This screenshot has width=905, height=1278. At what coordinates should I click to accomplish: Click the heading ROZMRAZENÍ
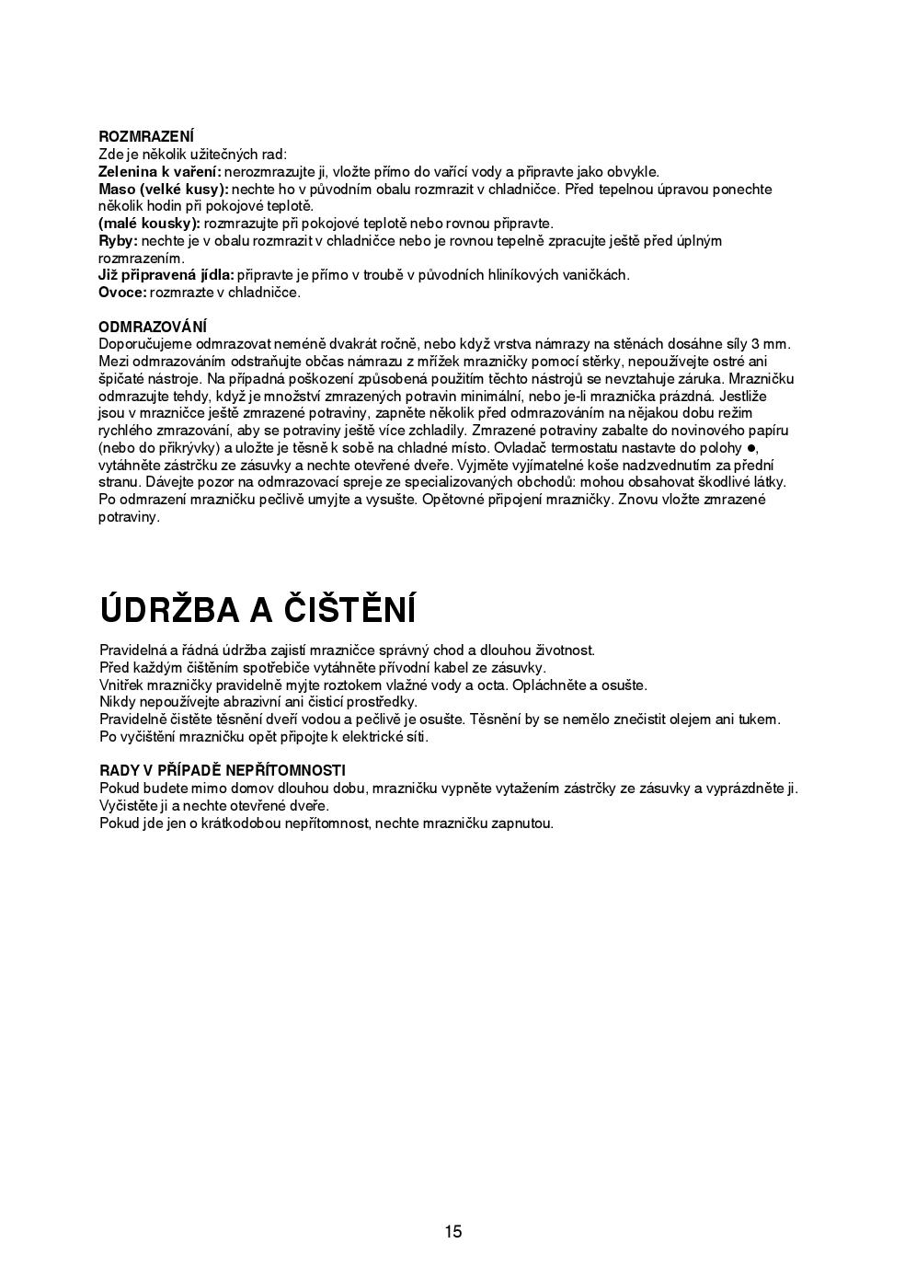click(145, 137)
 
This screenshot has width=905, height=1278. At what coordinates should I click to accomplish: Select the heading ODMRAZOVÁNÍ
click(153, 327)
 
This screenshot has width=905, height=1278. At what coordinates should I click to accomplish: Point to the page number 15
click(452, 1232)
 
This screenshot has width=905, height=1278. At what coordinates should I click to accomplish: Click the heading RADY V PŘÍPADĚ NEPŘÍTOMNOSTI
click(222, 770)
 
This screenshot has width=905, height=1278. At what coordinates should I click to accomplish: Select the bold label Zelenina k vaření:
click(159, 172)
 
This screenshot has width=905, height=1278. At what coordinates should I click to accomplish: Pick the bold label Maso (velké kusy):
click(163, 190)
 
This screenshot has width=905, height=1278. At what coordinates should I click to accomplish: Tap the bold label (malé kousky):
click(149, 224)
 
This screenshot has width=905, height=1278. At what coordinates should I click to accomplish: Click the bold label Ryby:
click(118, 241)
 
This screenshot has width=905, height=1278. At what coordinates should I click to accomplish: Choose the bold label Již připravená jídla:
click(166, 275)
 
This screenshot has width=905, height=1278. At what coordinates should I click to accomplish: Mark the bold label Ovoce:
click(122, 293)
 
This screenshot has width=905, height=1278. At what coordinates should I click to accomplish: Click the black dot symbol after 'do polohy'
click(750, 448)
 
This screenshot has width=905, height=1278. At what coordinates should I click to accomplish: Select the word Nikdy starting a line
click(117, 702)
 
